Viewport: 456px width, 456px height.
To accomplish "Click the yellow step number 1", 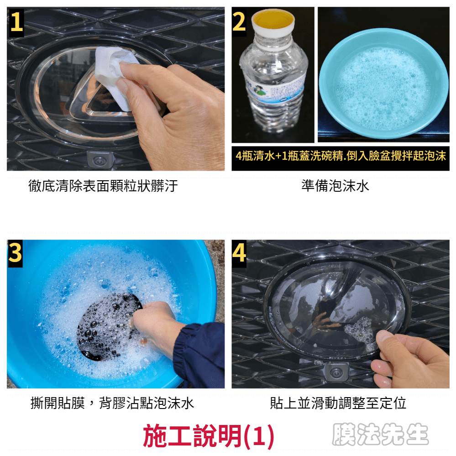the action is coord(16,22).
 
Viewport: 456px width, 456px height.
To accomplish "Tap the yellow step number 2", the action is coord(239,22).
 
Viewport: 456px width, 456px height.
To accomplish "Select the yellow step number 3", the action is coord(15,252).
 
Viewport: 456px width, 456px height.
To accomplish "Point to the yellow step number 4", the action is coord(239,252).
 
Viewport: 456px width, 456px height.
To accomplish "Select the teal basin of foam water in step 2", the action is coord(383,84).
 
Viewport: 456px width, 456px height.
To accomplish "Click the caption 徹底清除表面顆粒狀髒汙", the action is coord(103,186).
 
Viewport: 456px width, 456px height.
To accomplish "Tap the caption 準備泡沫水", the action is coord(335,186).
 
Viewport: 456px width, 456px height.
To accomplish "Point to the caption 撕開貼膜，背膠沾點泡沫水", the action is coord(112,403).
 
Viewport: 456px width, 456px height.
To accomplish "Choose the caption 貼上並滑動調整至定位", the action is coord(338,403).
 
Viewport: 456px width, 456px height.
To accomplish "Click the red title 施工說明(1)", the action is coord(208,435).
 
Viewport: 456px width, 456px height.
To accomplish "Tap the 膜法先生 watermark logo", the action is coord(380,434).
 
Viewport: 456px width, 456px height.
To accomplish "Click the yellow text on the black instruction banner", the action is coord(341,156).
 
